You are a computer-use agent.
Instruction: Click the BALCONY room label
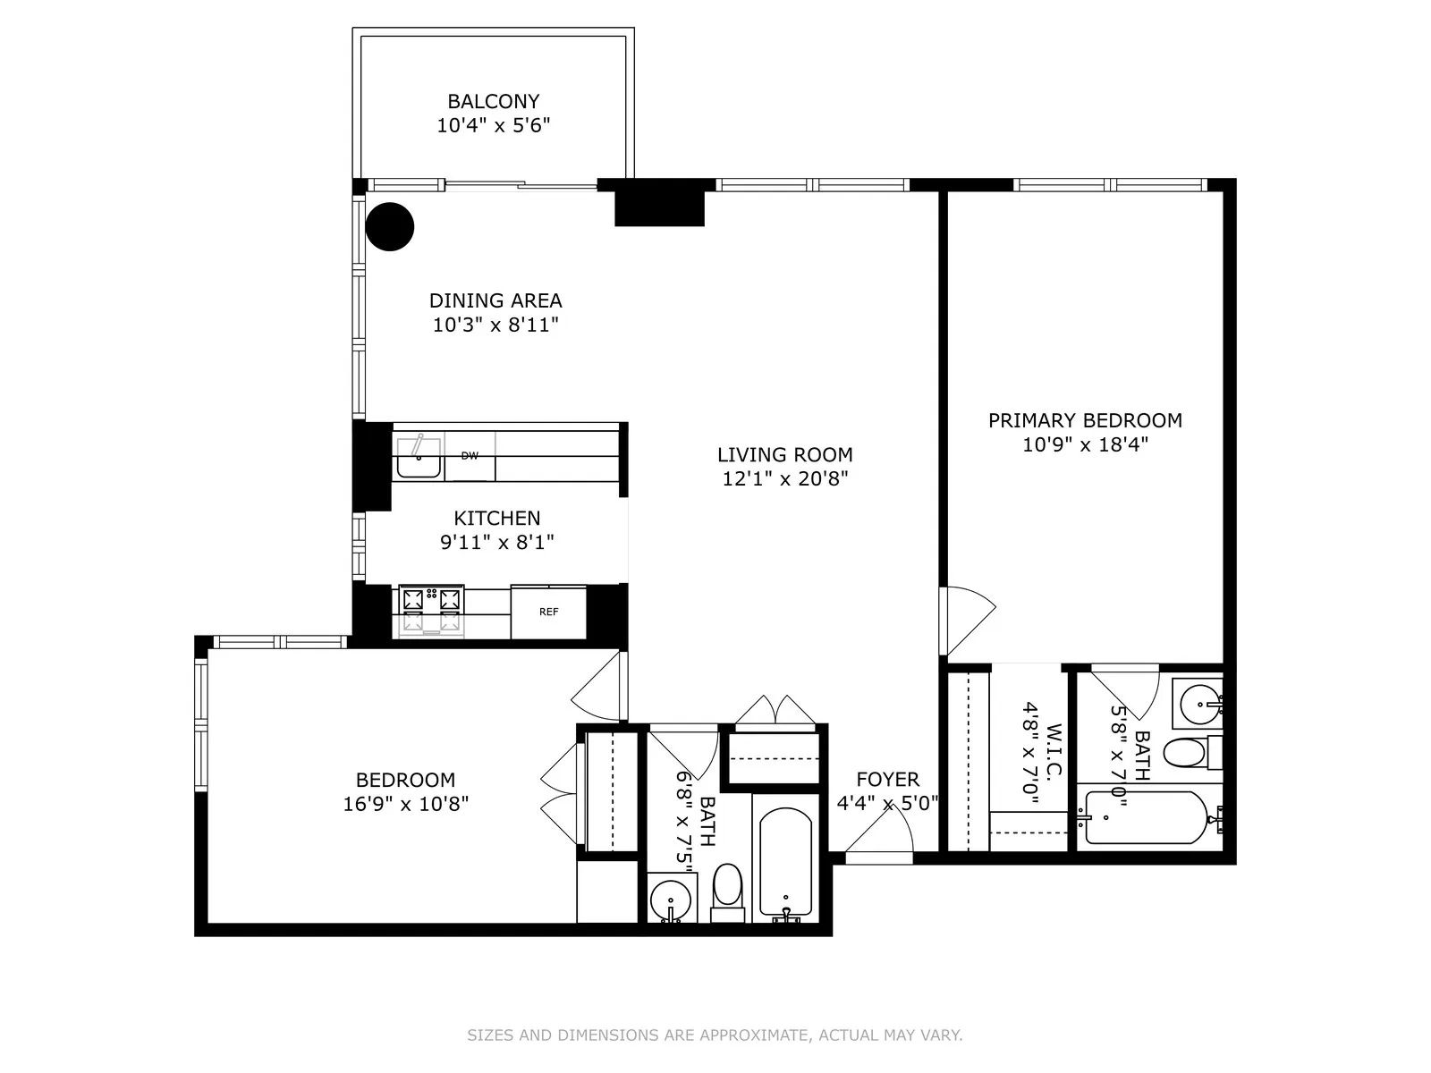click(493, 102)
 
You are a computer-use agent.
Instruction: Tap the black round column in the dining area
click(391, 226)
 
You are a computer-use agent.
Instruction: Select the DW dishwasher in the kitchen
click(470, 456)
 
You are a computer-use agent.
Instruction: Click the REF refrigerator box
click(548, 613)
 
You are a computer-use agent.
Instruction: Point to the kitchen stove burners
click(432, 610)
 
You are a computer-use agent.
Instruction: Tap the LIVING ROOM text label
click(784, 455)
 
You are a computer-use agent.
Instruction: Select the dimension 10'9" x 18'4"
click(1085, 444)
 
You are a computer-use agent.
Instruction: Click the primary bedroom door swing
click(968, 620)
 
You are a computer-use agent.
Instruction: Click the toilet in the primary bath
click(1186, 753)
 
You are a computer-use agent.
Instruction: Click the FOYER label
click(887, 780)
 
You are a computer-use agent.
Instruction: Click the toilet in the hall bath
click(728, 888)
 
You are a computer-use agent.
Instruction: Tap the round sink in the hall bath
click(670, 900)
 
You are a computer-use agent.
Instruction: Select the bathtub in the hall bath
click(785, 864)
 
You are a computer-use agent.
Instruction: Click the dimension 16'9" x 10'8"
click(405, 804)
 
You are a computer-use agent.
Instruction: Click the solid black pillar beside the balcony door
click(659, 204)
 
